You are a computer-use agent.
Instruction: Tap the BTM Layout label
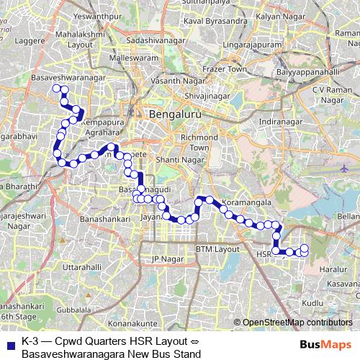click(x=217, y=249)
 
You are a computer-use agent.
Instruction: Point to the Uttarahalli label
click(x=71, y=266)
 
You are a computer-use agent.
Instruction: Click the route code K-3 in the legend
click(x=30, y=341)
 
